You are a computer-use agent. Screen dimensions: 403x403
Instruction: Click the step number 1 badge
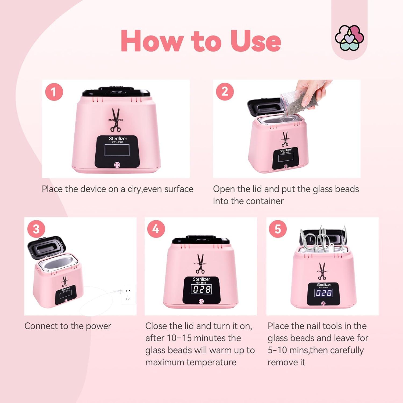[54, 92]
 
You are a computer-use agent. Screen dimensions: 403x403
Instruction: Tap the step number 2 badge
[225, 92]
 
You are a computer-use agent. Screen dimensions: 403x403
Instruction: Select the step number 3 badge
[36, 229]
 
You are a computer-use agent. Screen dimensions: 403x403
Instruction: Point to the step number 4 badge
[156, 229]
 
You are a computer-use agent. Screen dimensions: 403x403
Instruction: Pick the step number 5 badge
[278, 229]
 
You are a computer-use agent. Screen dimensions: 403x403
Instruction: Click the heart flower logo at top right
[349, 38]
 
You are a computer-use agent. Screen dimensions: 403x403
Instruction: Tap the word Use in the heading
[256, 41]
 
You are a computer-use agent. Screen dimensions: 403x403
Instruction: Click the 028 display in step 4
[201, 289]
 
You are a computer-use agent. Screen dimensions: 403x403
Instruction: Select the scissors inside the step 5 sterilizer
[321, 239]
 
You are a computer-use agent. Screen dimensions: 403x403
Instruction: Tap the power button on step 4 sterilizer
[201, 301]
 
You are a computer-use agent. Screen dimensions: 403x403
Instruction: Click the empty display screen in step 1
[117, 150]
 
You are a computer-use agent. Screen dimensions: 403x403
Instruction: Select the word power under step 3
[98, 326]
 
